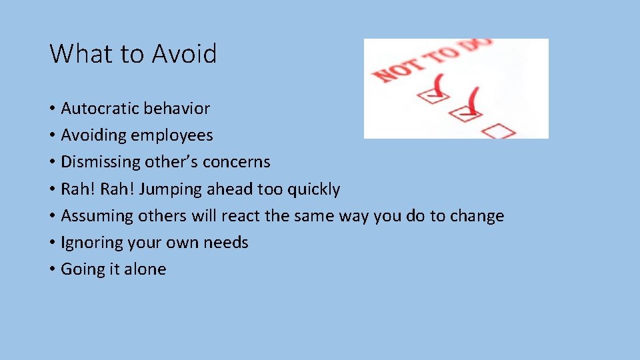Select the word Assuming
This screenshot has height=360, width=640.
click(97, 216)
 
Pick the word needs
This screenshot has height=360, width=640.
click(226, 243)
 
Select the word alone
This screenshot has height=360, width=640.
click(145, 269)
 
